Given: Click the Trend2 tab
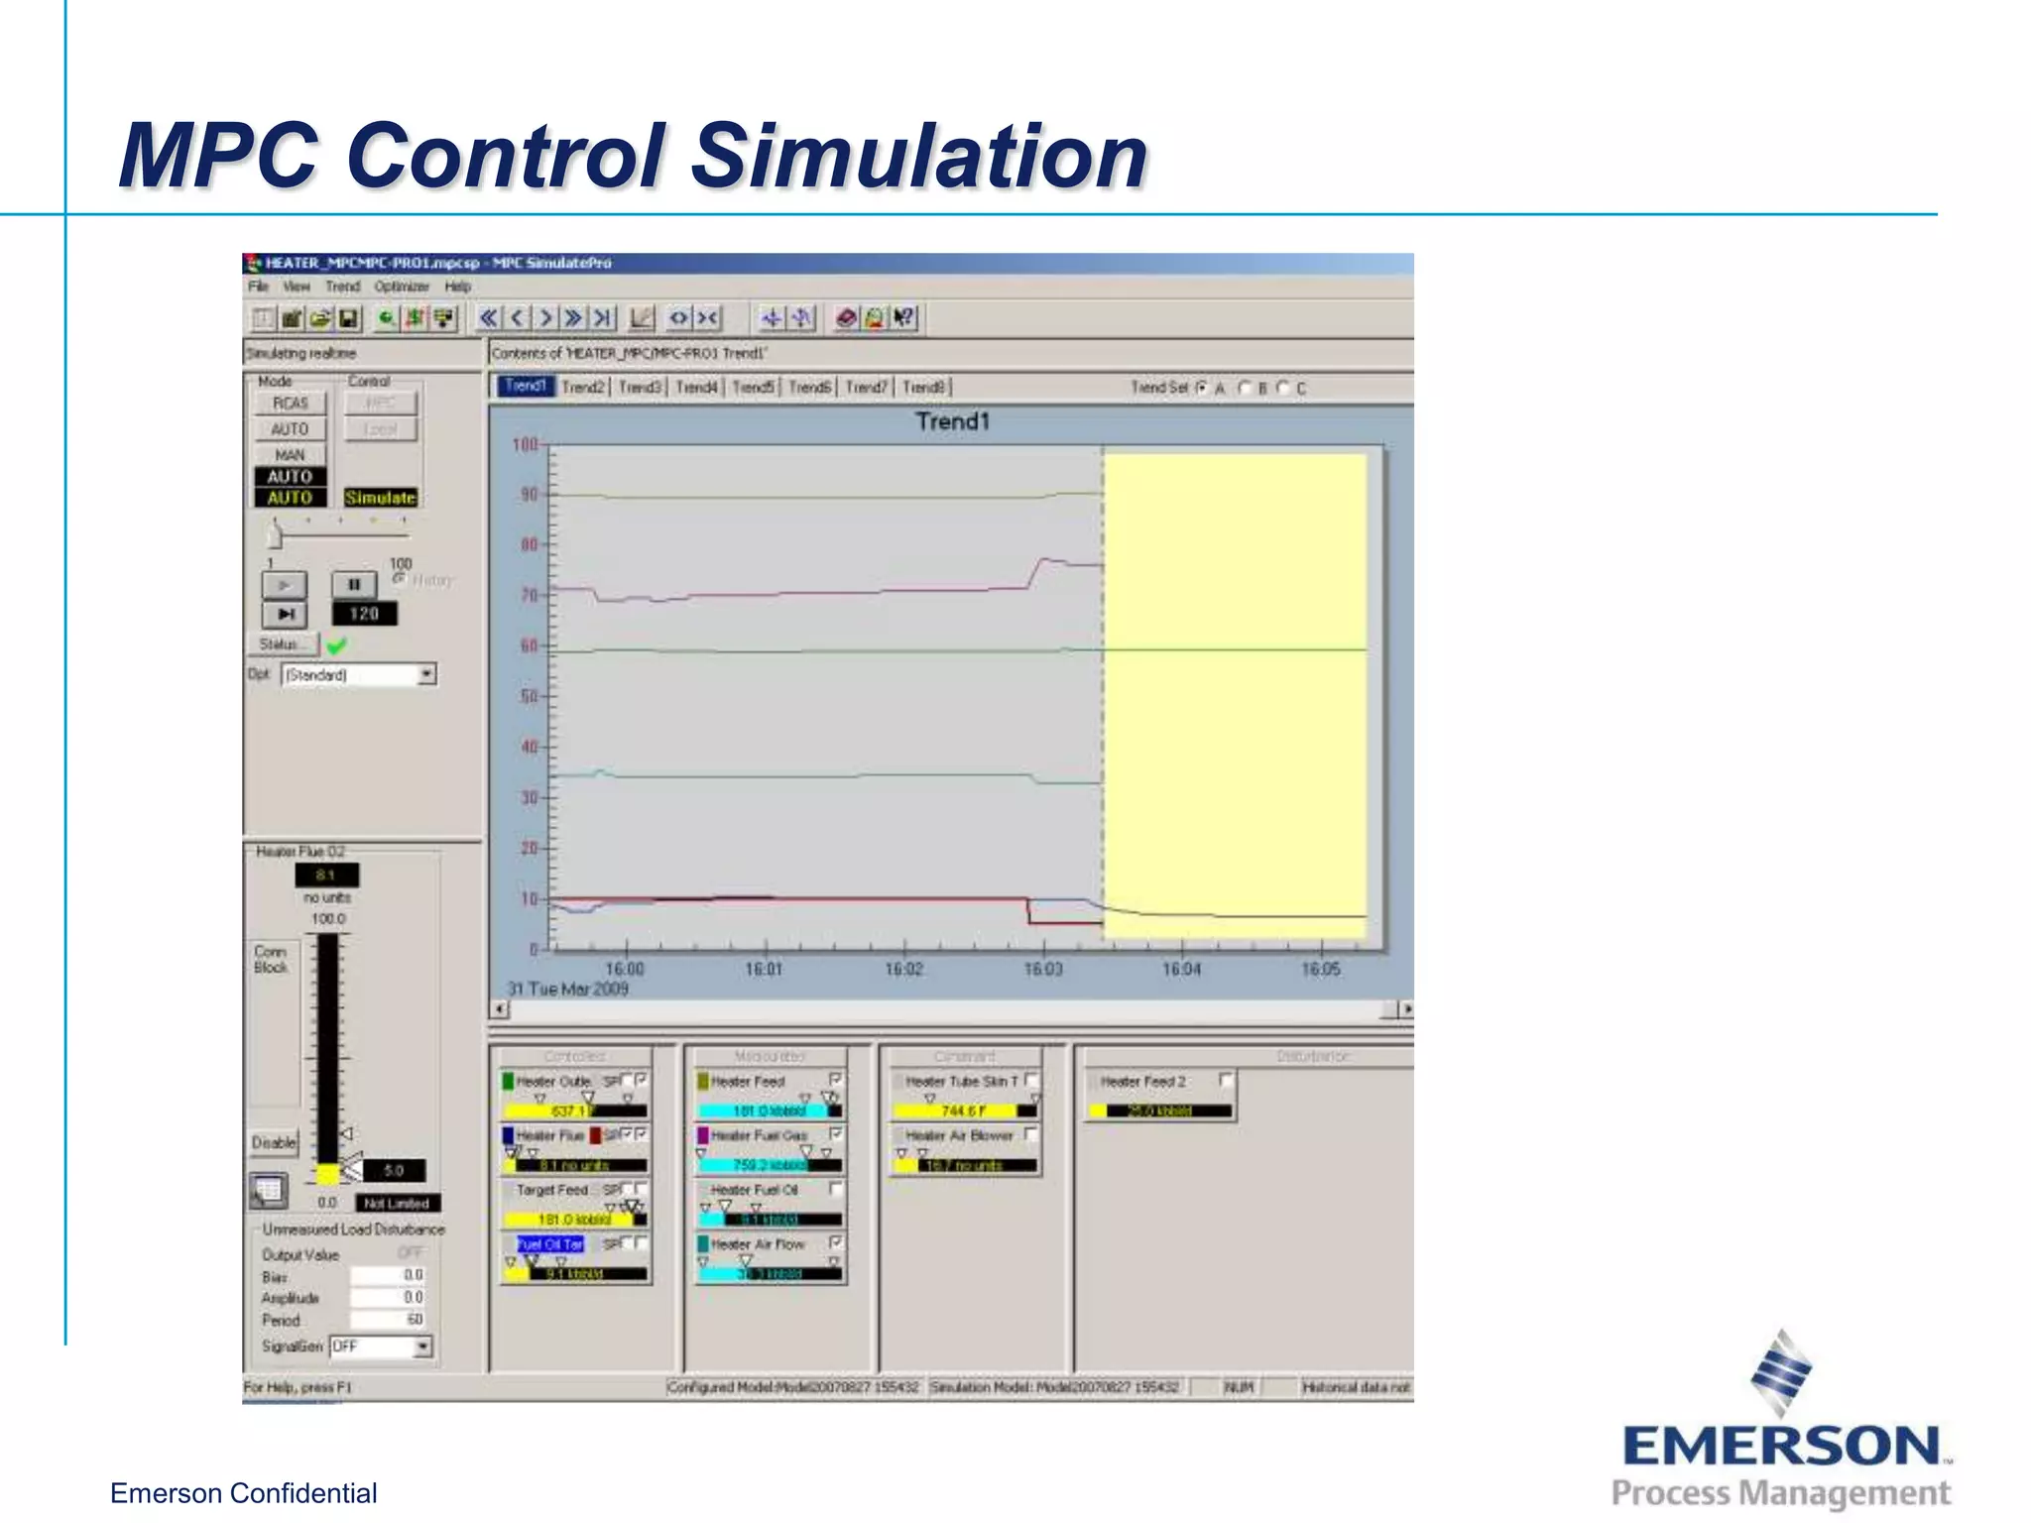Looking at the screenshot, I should [583, 387].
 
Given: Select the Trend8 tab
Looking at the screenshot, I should [923, 387].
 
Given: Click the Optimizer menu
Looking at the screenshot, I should [402, 287].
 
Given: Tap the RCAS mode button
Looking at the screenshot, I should [291, 404].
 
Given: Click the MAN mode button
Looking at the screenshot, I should [290, 455].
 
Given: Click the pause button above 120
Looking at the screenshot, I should [354, 585].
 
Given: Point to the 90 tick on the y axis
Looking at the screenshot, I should [529, 495].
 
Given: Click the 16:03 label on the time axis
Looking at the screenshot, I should [1042, 969].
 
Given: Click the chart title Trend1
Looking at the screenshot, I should [952, 421].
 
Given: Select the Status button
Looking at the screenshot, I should [281, 644].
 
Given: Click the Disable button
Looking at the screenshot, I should [274, 1142].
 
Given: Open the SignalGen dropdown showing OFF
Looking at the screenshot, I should [422, 1347].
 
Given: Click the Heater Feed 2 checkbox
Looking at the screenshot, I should [1226, 1080].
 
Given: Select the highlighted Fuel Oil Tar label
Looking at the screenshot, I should [550, 1244].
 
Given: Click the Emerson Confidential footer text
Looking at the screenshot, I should [243, 1493].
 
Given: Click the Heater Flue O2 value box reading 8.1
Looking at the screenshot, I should [326, 875].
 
